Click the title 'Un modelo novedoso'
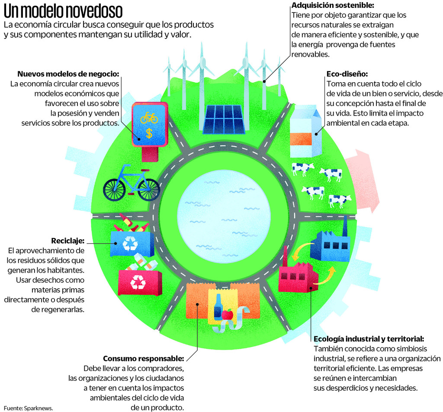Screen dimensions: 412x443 (63, 10)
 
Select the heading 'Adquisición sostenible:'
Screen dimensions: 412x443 (333, 5)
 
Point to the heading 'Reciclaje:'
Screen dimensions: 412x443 (67, 241)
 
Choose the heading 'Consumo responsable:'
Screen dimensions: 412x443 (144, 359)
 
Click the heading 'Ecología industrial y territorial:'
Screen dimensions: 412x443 (369, 338)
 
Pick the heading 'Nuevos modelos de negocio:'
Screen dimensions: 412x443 (68, 74)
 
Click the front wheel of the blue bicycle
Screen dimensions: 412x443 (148, 190)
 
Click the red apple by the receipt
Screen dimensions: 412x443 (228, 315)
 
